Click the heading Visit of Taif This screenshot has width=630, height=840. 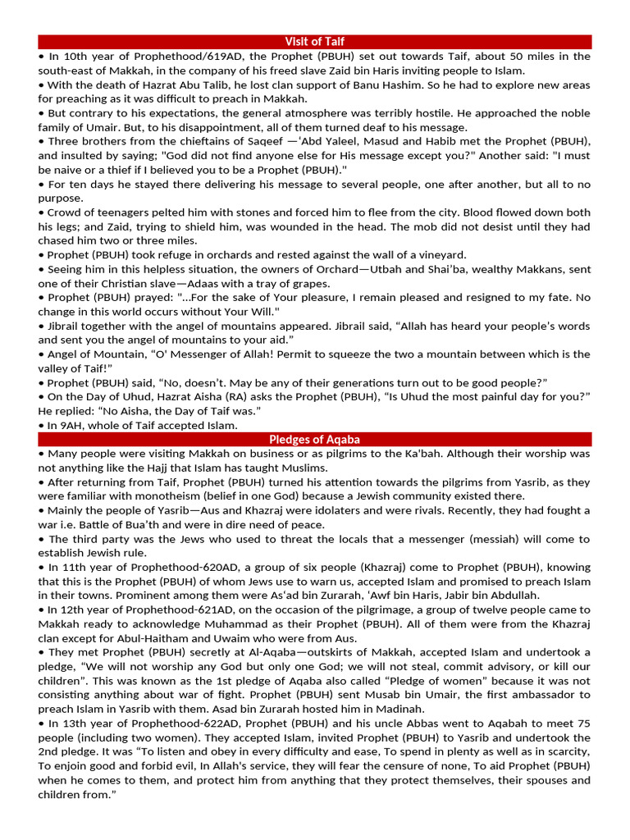point(314,41)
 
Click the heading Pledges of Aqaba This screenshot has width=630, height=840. point(314,440)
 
